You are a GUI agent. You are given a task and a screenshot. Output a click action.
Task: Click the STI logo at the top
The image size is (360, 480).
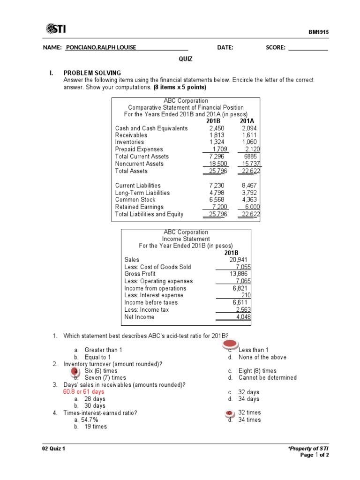56,29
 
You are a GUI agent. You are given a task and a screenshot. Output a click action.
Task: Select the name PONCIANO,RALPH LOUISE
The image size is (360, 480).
101,47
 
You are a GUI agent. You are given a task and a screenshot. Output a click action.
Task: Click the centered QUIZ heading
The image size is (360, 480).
185,59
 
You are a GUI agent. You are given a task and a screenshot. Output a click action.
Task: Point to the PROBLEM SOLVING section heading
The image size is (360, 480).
92,73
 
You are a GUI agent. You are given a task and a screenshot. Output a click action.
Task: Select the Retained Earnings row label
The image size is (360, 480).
139,207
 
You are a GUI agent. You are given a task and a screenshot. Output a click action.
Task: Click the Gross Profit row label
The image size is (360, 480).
140,273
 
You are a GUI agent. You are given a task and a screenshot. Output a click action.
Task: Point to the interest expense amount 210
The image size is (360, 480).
246,295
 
